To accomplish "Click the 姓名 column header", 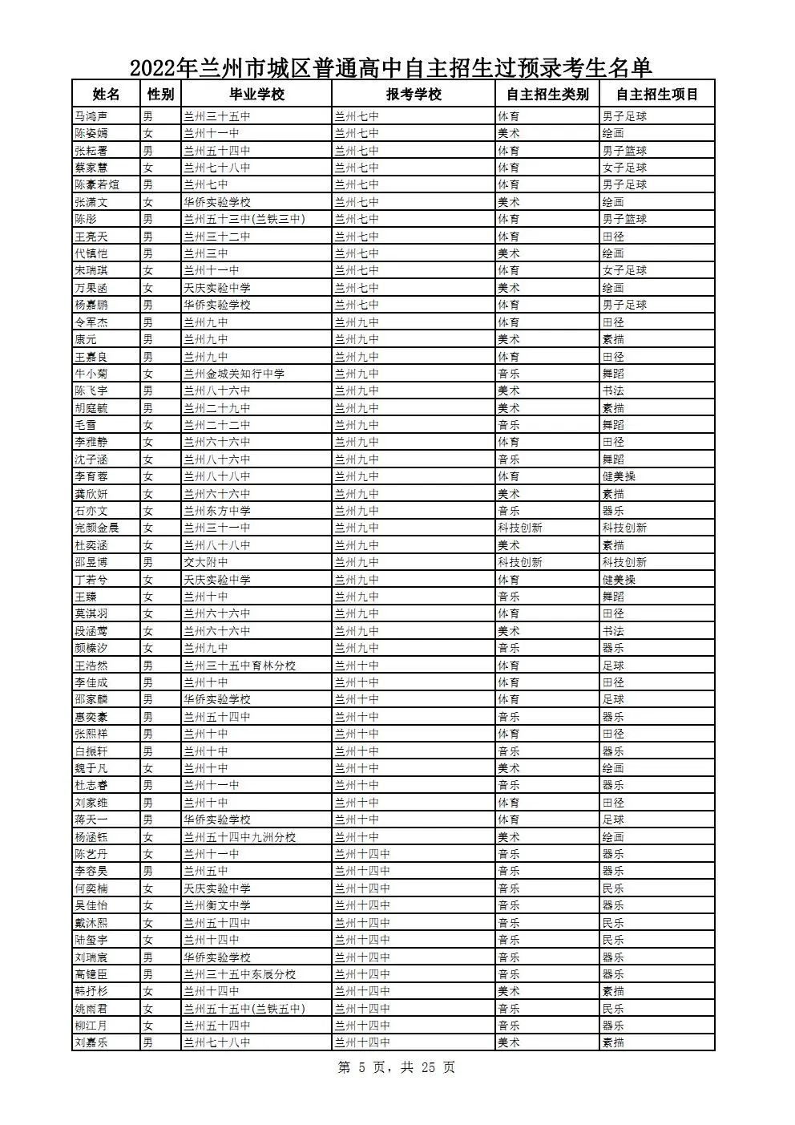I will (x=106, y=94).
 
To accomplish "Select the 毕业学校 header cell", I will (x=256, y=94).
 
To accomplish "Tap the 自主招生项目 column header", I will (x=657, y=94).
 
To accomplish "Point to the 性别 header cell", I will (x=160, y=94).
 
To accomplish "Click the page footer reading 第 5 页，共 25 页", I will (x=397, y=1067).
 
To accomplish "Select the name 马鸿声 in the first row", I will (x=91, y=116).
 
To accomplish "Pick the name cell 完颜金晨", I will (x=97, y=528).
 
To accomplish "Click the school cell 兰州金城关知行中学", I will (x=233, y=374).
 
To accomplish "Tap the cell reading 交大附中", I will (x=205, y=562).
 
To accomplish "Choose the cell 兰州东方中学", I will (x=216, y=511).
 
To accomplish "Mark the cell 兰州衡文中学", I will (x=216, y=905).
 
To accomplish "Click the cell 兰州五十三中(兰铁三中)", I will (x=244, y=219).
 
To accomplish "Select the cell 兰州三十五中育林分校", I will (x=240, y=666).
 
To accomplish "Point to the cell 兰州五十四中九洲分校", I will (x=240, y=837).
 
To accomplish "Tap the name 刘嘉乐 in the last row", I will (x=91, y=1042).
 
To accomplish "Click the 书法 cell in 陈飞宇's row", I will (x=613, y=391).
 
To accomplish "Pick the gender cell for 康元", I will (x=147, y=339).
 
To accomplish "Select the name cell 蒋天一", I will (x=91, y=819).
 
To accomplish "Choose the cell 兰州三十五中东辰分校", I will (x=240, y=974).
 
